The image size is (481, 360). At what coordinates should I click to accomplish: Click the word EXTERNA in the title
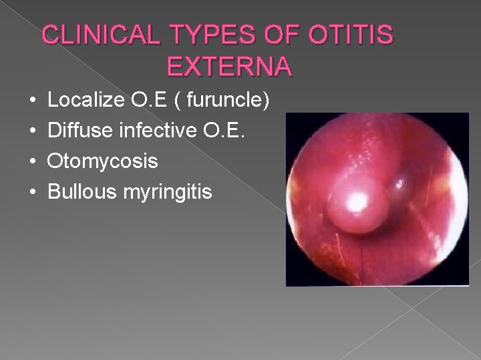tap(227, 67)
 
